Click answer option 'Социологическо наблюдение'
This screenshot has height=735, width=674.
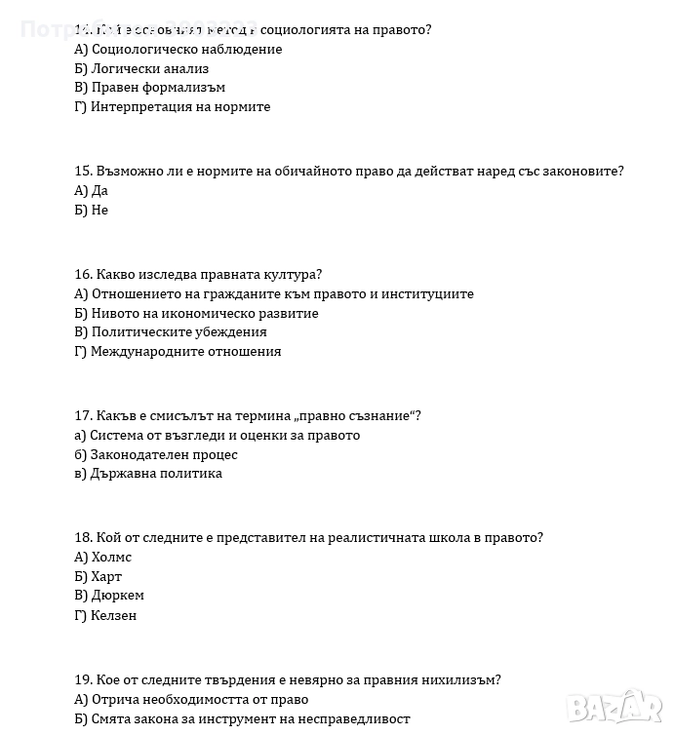click(186, 50)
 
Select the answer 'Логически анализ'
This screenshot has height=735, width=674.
click(149, 69)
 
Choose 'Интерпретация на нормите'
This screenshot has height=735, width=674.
click(180, 107)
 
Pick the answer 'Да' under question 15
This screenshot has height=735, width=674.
click(99, 191)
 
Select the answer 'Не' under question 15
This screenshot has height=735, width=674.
click(99, 211)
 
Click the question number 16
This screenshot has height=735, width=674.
click(83, 275)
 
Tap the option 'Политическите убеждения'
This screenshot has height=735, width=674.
click(178, 332)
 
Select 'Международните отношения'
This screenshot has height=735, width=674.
click(185, 352)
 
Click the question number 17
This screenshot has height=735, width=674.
click(83, 416)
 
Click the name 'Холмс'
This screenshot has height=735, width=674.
click(111, 558)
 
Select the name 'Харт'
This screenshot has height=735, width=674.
click(106, 577)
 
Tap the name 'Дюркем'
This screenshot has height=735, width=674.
click(117, 596)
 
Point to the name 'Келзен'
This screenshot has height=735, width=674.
click(114, 616)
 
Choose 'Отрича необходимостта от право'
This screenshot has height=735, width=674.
click(200, 700)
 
